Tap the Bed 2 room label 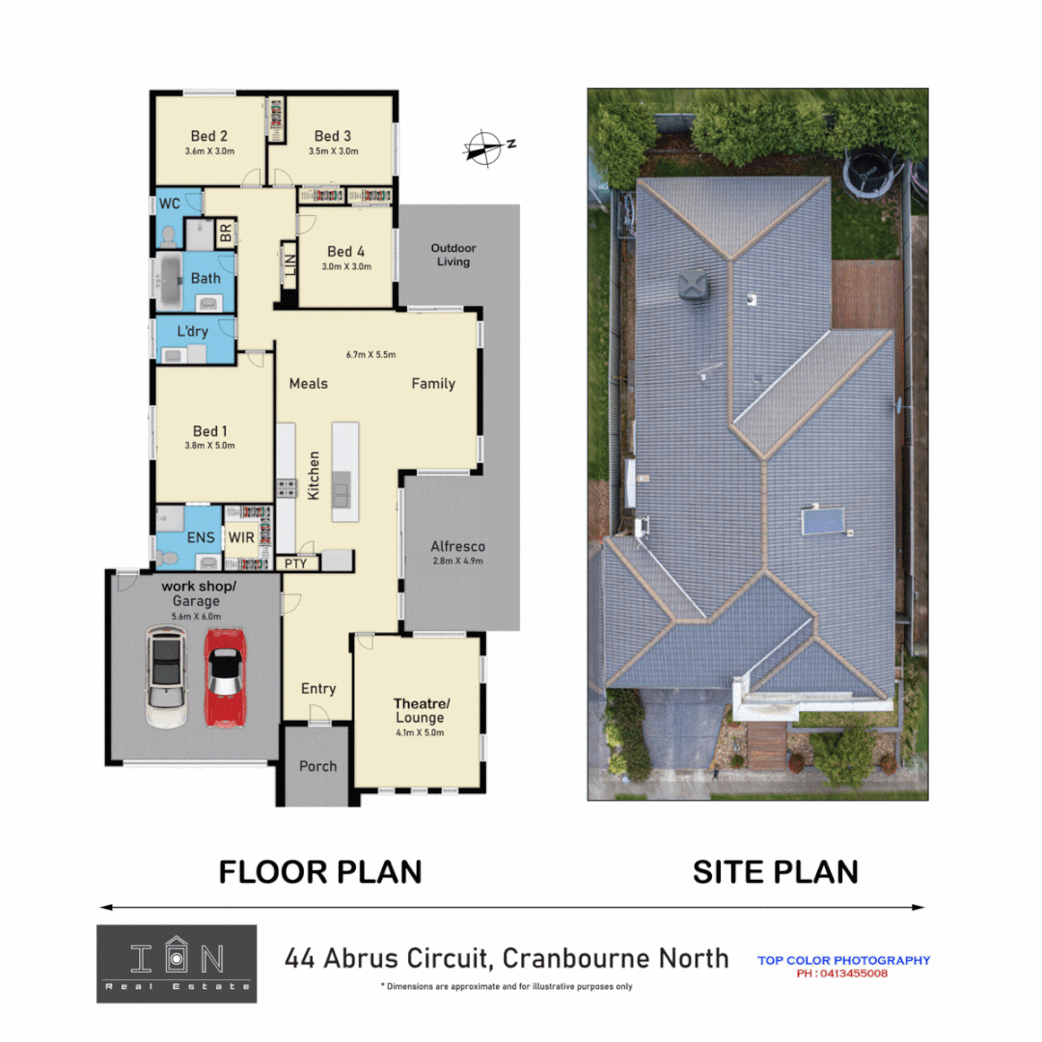point(209,136)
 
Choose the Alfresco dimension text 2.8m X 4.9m point(456,561)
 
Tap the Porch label point(317,766)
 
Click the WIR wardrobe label point(241,537)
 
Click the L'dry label point(192,332)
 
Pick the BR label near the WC point(226,233)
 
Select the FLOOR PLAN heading point(319,872)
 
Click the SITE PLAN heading point(775,872)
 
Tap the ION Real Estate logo point(177,963)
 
